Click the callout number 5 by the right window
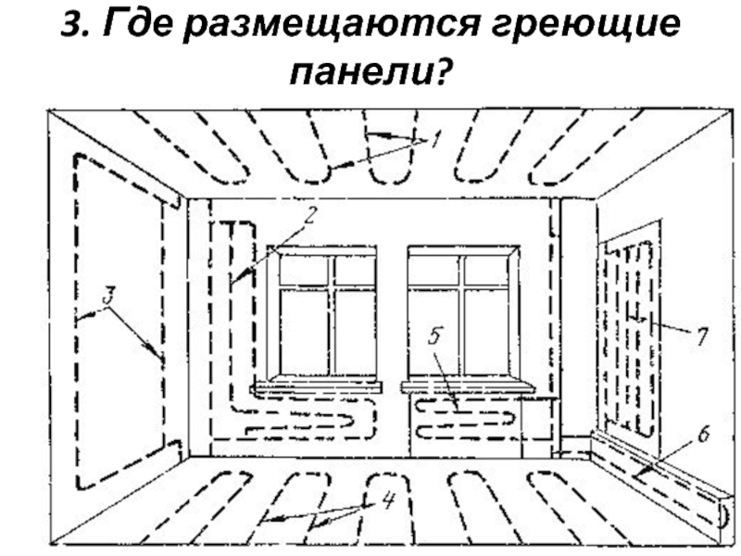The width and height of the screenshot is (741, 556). (434, 338)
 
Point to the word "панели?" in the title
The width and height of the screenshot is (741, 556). (370, 73)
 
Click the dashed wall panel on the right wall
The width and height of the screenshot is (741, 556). (630, 334)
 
